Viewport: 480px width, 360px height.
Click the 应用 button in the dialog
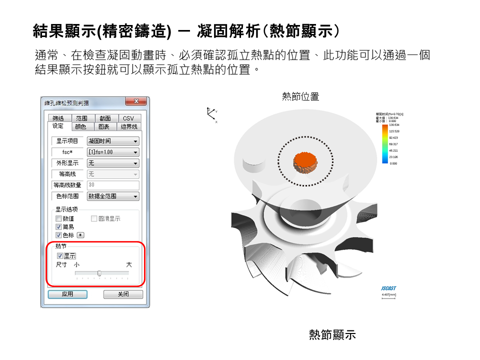[67, 294]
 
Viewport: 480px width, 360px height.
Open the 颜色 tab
[80, 126]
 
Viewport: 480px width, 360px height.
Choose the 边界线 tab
[128, 126]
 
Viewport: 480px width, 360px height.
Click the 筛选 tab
[58, 118]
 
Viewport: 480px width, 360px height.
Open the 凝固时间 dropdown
[113, 141]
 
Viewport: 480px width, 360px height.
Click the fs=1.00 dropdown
[113, 152]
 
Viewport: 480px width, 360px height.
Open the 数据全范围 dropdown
[113, 196]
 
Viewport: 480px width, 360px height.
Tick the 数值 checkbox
[58, 218]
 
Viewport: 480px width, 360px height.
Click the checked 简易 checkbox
[58, 226]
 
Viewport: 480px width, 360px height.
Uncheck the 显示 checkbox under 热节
[60, 255]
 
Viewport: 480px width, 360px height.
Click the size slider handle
[99, 273]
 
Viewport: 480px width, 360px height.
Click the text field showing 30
[113, 185]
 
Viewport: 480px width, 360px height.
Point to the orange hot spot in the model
[304, 162]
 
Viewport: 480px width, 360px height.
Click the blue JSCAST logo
[388, 288]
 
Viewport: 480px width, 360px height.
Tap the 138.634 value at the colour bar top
[394, 125]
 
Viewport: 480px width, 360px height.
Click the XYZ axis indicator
[212, 113]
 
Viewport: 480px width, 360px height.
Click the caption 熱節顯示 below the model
[332, 335]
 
